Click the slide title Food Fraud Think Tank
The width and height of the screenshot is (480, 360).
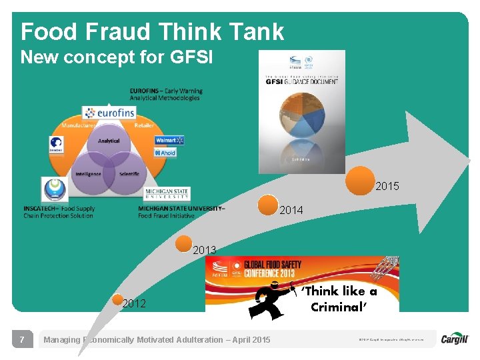152,31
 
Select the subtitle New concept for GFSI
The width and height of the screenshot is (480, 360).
117,57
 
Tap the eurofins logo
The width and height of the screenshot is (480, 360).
109,113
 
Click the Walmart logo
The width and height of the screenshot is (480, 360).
169,141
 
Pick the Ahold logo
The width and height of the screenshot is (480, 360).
165,153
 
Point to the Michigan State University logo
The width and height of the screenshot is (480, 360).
167,194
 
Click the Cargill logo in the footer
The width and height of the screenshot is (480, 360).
455,339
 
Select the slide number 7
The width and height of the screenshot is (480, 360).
22,340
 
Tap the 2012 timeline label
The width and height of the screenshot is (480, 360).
134,304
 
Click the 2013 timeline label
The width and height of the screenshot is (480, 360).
205,250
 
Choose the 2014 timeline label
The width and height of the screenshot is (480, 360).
291,210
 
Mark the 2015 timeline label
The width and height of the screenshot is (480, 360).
387,187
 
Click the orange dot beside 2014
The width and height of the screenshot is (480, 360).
269,205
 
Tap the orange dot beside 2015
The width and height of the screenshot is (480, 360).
360,179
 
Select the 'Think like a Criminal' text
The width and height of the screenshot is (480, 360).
339,299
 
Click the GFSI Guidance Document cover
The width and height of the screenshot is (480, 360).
301,111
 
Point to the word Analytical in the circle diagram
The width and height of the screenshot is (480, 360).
109,141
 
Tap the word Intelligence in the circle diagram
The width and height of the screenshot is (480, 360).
88,174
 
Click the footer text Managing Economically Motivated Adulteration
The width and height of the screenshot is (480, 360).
157,340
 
